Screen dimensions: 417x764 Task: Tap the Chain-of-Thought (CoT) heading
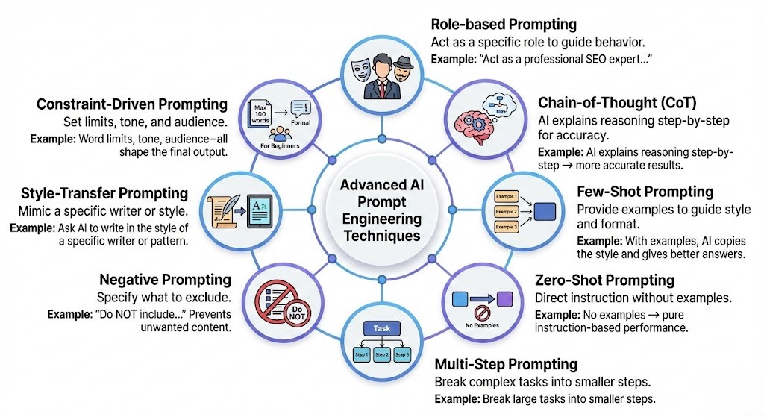coord(617,102)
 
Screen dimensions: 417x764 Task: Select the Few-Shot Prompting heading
coord(645,192)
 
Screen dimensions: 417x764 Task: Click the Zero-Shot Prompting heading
coord(605,280)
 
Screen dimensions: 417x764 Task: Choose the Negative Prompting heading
coord(165,280)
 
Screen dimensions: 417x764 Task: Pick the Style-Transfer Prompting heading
coord(104,193)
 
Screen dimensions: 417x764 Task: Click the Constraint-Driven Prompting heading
coord(131,104)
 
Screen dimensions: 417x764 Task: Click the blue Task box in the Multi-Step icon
coord(382,327)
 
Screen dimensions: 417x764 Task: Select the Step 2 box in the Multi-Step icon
coord(382,354)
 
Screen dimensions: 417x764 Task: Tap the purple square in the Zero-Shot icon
coord(506,298)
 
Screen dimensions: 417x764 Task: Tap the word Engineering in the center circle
coord(381,219)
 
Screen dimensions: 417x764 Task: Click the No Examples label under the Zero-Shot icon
coord(483,324)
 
